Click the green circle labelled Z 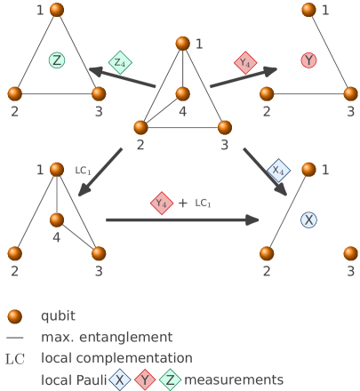[57, 60]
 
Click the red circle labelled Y [308, 60]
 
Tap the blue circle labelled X [308, 219]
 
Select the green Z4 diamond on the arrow [121, 62]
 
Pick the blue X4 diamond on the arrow [277, 169]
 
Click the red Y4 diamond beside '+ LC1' [161, 203]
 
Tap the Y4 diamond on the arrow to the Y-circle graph [245, 63]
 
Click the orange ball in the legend [14, 315]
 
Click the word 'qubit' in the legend [58, 315]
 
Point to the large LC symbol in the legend [15, 359]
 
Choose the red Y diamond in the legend [145, 379]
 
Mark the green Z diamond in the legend [171, 379]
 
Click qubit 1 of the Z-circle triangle [57, 11]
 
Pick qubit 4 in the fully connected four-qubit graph [182, 92]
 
